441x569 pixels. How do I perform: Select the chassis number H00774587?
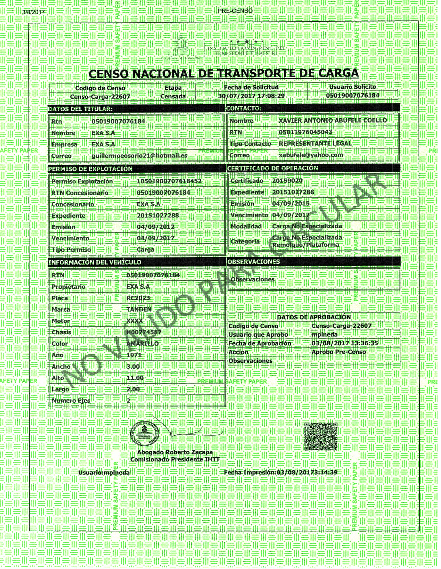pyautogui.click(x=144, y=332)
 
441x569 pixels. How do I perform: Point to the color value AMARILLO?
pyautogui.click(x=142, y=344)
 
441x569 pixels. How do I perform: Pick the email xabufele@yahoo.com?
pyautogui.click(x=311, y=155)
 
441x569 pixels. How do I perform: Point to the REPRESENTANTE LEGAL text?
pyautogui.click(x=315, y=143)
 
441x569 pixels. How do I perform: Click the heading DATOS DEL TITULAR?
pyautogui.click(x=80, y=109)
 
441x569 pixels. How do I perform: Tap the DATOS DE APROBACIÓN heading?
pyautogui.click(x=314, y=317)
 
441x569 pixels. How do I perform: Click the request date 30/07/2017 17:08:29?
pyautogui.click(x=251, y=96)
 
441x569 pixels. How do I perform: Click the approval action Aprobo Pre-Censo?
pyautogui.click(x=338, y=352)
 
